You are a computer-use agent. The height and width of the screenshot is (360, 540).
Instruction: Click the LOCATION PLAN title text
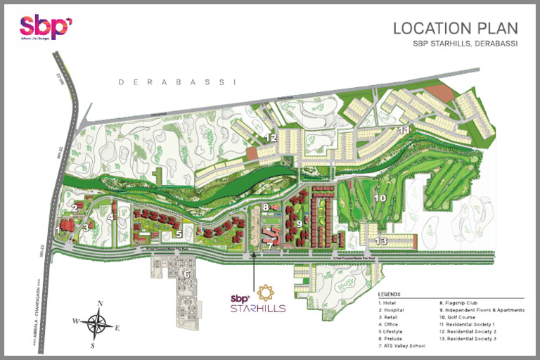click(x=455, y=29)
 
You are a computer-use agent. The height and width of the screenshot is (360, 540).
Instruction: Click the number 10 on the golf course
click(x=379, y=199)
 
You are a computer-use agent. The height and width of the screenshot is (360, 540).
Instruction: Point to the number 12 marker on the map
click(x=271, y=138)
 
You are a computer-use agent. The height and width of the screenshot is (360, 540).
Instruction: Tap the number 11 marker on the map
click(x=404, y=131)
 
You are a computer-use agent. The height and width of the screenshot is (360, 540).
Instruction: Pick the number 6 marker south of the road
click(x=187, y=274)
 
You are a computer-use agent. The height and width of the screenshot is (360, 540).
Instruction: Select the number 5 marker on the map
click(x=179, y=234)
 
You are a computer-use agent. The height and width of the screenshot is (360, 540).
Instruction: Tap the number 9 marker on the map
click(x=298, y=224)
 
